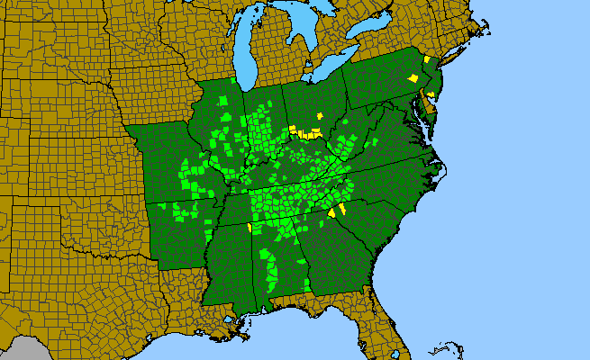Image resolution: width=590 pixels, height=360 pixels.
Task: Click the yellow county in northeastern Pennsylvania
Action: point(413,78)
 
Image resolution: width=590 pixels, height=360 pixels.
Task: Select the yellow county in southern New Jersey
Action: point(431,94)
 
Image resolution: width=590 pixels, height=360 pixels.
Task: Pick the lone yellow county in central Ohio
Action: point(320,115)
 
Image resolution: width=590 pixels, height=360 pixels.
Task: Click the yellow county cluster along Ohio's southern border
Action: point(309,134)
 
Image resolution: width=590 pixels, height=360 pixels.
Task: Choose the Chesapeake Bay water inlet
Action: point(416,117)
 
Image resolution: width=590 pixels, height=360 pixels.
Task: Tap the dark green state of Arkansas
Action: point(185,225)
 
